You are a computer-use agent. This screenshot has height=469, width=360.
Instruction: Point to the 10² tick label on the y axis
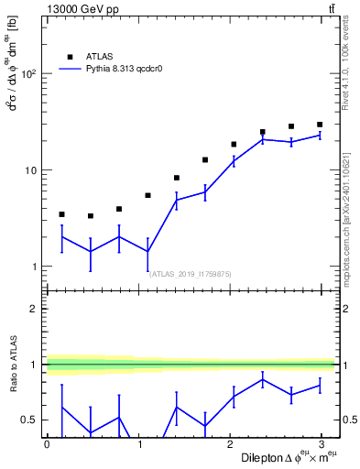31,74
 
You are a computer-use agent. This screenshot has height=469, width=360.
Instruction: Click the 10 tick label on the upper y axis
33,170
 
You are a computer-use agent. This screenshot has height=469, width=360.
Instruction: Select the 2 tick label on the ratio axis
37,309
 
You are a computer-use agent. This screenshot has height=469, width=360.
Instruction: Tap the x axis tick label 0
47,443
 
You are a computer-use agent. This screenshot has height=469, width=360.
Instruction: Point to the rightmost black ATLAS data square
320,125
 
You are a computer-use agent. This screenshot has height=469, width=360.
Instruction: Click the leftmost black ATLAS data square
61,214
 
